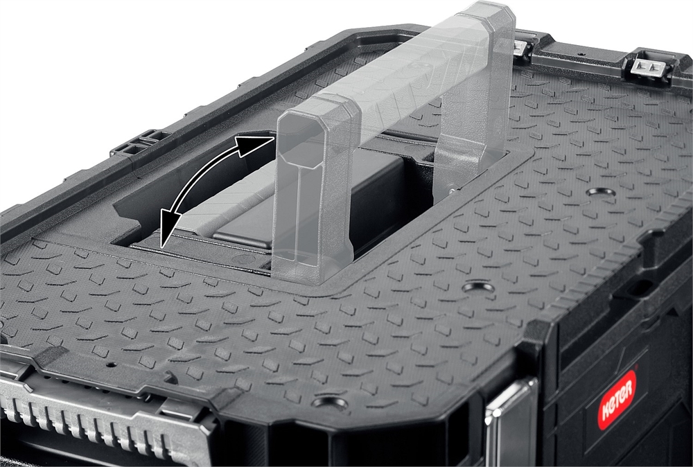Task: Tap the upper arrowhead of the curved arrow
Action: pos(252,145)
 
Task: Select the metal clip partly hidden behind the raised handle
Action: pos(523,48)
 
